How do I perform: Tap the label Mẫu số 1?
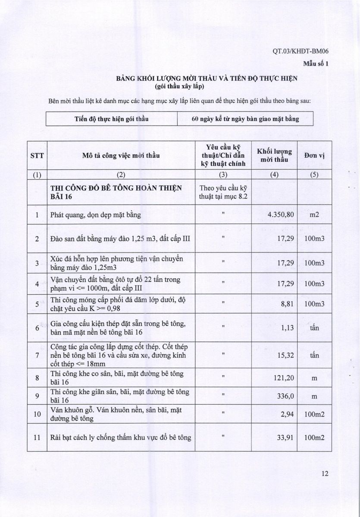pos(316,64)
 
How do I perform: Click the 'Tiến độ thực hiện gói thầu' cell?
pos(111,119)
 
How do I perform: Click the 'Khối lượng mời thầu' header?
pos(274,156)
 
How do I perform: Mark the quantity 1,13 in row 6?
pos(287,328)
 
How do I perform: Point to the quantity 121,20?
pos(283,378)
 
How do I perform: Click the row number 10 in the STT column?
pos(37,414)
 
